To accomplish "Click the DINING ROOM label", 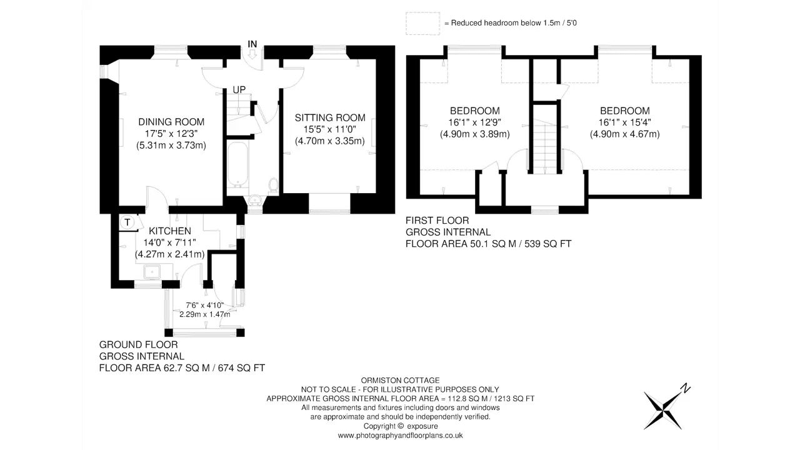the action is point(171,122).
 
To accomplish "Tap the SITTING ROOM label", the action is point(330,117).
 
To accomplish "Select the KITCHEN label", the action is point(170,231).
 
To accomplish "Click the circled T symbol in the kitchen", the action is point(127,222).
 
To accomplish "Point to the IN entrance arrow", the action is point(252,54).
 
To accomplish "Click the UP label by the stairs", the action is point(239,89).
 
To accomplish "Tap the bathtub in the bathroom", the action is point(237,164).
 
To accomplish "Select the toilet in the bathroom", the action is point(273,185).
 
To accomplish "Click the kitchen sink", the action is point(152,272).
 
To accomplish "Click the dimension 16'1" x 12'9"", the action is point(474,122).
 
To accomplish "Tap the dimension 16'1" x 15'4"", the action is point(624,122).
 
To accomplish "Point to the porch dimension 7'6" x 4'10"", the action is point(204,306).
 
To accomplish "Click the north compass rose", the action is point(666,408).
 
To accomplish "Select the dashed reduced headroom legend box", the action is point(423,24).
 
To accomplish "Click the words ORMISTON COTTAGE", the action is point(400,381).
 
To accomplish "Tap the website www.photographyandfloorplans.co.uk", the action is point(400,436).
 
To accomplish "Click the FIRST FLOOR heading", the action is point(437,221).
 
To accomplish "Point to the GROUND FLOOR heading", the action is point(138,344).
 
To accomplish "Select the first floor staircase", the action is point(545,146).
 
